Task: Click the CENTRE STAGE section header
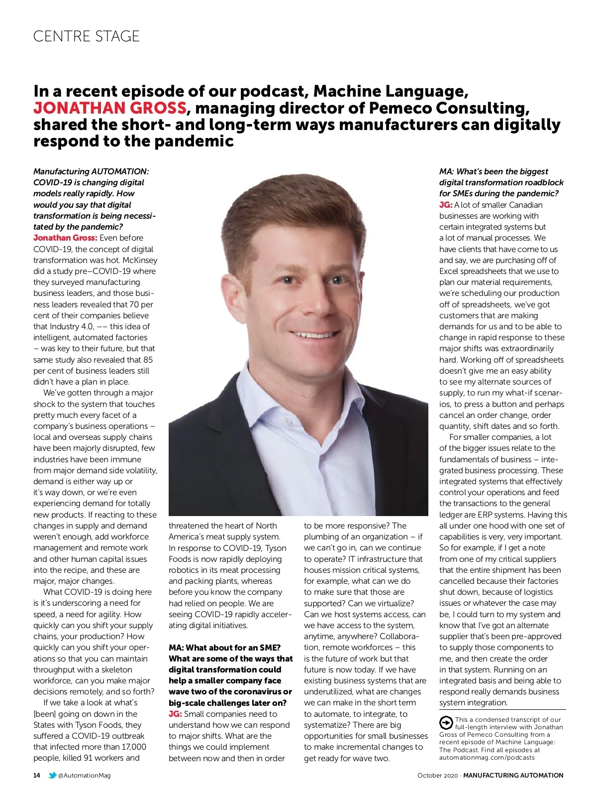(86, 36)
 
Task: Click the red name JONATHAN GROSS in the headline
(110, 108)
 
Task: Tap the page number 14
(37, 775)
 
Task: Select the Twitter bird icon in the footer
(52, 775)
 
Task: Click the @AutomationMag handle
(85, 775)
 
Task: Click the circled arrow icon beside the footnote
(446, 722)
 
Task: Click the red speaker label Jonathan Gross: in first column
(65, 238)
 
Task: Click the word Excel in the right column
(449, 271)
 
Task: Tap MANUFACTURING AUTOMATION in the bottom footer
(513, 775)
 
